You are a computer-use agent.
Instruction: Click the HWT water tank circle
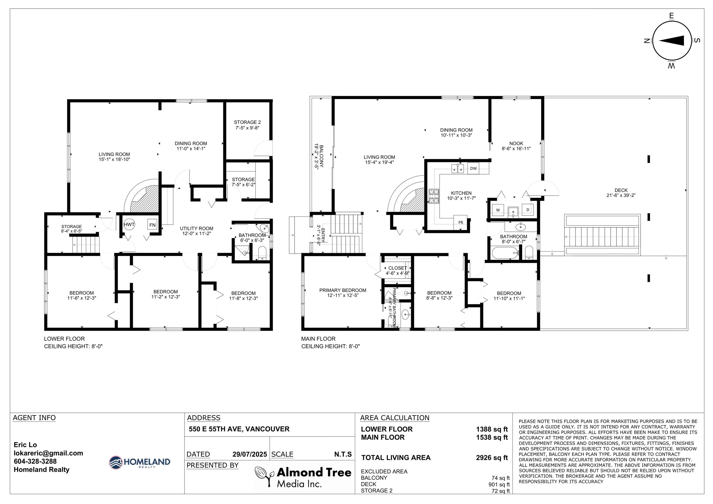(x=129, y=224)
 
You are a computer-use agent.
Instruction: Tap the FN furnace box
(x=152, y=225)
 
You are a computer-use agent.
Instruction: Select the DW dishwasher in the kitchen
(x=473, y=168)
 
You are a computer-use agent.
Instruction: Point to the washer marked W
(x=498, y=210)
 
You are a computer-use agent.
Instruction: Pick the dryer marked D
(x=528, y=210)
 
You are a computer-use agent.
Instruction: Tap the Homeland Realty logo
(x=140, y=462)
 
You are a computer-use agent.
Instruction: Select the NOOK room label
(x=516, y=144)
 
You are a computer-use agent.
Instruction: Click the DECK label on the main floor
(x=621, y=190)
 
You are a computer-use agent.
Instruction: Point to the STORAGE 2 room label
(x=247, y=122)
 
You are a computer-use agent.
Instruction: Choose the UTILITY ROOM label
(x=197, y=229)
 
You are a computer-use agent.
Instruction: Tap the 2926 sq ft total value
(x=492, y=458)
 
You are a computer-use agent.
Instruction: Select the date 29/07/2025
(x=250, y=454)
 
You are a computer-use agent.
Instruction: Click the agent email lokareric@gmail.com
(x=48, y=453)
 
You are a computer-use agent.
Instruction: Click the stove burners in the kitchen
(x=434, y=196)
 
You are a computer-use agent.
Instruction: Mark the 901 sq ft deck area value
(x=499, y=485)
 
